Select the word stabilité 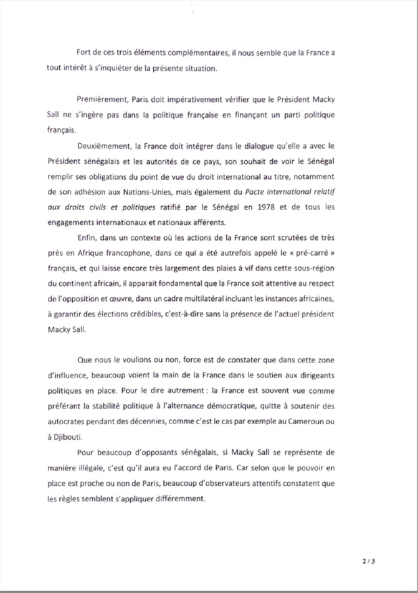point(116,407)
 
